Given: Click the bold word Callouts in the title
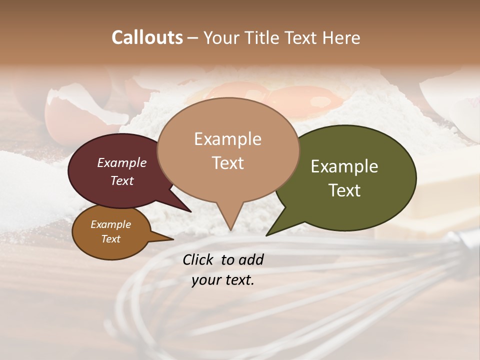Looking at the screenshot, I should point(147,37).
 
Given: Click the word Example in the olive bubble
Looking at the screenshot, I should point(344,166).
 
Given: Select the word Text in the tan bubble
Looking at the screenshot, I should point(228,163).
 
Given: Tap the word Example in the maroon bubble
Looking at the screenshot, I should point(122,163).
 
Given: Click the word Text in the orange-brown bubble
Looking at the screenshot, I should point(111,239).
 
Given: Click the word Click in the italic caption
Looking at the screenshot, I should point(199,259).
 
